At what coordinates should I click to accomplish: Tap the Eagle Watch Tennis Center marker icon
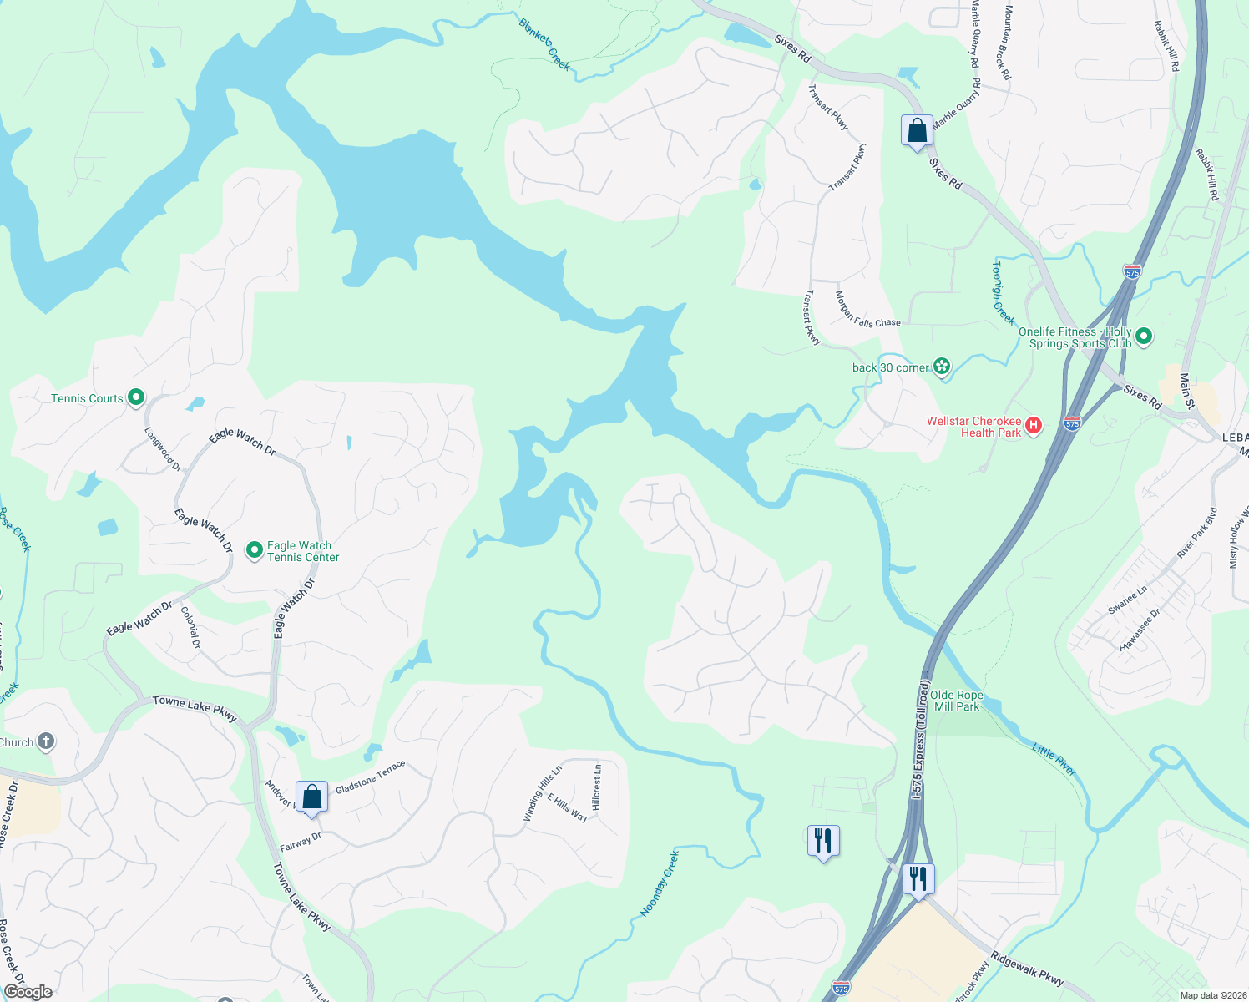(x=255, y=550)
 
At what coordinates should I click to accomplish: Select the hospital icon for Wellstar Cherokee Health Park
(x=1034, y=426)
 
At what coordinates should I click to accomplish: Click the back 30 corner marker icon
(x=942, y=367)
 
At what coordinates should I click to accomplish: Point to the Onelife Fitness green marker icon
(x=1144, y=337)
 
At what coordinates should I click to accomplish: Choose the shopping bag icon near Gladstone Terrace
(x=311, y=797)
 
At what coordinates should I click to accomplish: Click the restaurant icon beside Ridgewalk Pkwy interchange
(x=918, y=879)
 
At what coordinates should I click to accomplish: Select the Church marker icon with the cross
(x=46, y=741)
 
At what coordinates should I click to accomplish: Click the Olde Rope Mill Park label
(x=957, y=701)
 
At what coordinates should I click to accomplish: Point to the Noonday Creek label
(x=660, y=884)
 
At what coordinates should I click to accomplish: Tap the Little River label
(x=1054, y=759)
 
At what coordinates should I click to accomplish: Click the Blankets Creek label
(x=544, y=44)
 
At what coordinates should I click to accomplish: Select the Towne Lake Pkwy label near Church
(x=195, y=708)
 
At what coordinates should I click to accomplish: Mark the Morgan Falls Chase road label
(x=867, y=310)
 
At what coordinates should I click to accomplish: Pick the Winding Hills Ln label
(x=543, y=793)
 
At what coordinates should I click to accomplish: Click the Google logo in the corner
(x=28, y=992)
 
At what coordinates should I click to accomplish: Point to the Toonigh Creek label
(x=1003, y=293)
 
